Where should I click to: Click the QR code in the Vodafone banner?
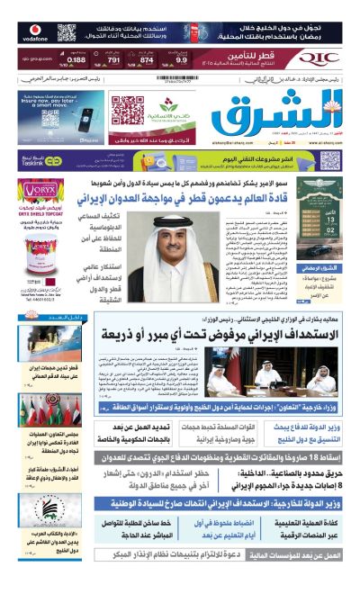[x=67, y=32]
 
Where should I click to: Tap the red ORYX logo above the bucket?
[x=37, y=191]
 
